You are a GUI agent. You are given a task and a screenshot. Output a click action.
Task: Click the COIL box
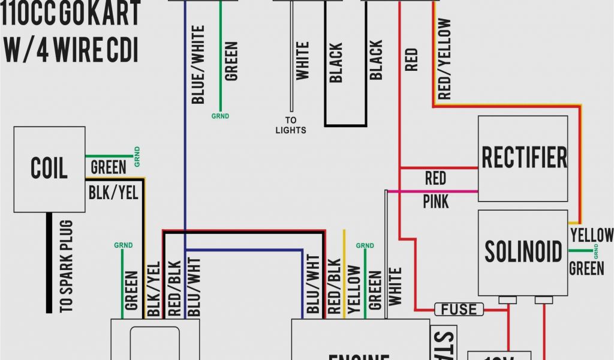click(x=49, y=169)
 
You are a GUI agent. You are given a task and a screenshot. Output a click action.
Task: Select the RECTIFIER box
click(x=523, y=158)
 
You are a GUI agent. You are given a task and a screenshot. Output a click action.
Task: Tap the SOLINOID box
click(x=523, y=252)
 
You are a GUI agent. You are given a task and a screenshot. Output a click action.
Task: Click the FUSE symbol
click(x=459, y=310)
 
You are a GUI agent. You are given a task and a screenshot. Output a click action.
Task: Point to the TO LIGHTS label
click(x=291, y=125)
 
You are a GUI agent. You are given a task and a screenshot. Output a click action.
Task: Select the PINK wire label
click(x=436, y=201)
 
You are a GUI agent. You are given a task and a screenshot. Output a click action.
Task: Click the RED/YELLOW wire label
click(x=444, y=58)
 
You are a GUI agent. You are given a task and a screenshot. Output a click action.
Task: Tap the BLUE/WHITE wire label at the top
click(x=198, y=64)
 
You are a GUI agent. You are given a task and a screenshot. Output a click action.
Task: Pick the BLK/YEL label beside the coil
click(x=113, y=192)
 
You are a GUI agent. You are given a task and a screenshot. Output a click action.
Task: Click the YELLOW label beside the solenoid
click(x=592, y=235)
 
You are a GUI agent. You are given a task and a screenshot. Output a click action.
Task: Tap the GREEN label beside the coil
click(x=109, y=167)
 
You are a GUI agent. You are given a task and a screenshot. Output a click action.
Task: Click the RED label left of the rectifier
click(x=435, y=178)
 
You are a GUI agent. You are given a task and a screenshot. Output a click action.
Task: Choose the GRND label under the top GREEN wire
click(x=220, y=116)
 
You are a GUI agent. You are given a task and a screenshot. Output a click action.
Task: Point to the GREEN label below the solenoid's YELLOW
click(x=586, y=268)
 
